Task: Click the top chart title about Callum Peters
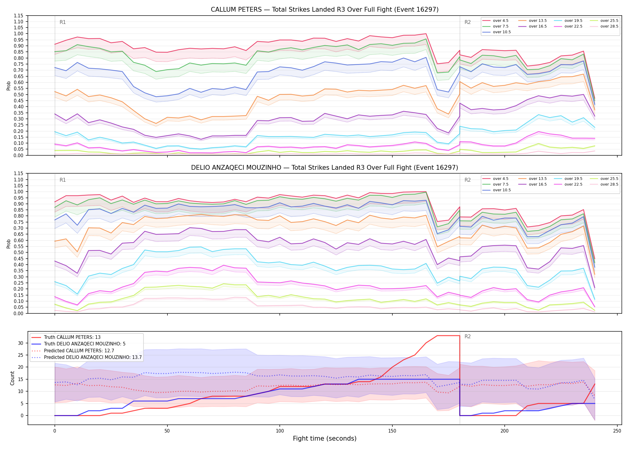[325, 10]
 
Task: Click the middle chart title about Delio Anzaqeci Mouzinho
[325, 168]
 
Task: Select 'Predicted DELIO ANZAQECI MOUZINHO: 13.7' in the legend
[87, 357]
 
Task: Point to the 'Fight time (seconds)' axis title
[325, 439]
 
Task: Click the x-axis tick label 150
[392, 431]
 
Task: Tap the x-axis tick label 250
[617, 431]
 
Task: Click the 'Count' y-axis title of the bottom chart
[12, 378]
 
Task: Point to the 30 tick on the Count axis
[21, 343]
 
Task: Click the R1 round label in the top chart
[63, 22]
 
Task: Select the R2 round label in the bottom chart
[468, 336]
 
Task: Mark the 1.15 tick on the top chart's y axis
[19, 16]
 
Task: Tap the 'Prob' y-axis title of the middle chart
[9, 244]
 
